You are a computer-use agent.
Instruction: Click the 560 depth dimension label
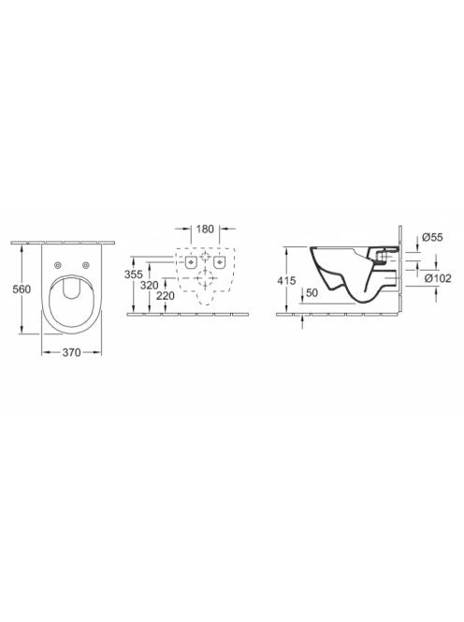point(22,289)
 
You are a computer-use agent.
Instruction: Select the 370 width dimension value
point(71,352)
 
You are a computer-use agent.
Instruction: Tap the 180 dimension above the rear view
point(205,229)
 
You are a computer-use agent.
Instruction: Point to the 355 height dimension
point(134,274)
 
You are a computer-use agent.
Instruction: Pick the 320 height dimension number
point(149,285)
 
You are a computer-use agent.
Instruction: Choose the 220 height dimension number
point(165,295)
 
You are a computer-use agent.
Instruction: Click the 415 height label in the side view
point(286,281)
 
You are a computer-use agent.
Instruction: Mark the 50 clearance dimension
point(312,293)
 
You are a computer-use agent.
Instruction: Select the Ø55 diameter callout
point(432,237)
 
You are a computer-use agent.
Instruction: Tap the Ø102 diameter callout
point(438,278)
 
